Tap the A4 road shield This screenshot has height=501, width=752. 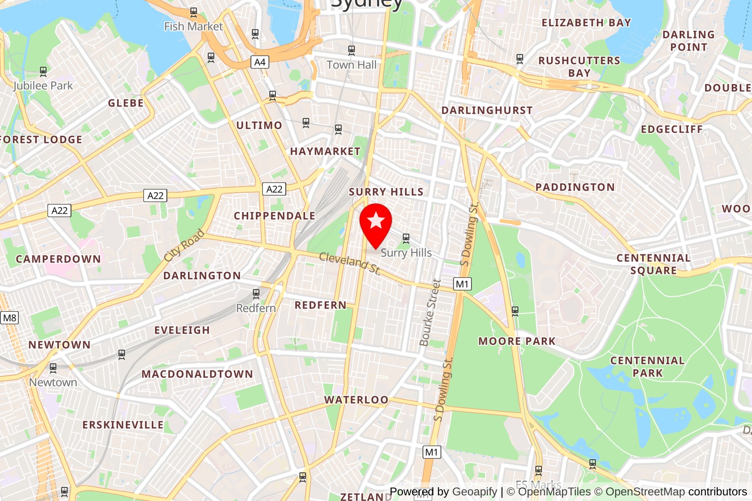click(260, 62)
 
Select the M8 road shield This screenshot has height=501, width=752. click(9, 318)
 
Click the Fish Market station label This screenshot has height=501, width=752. click(193, 26)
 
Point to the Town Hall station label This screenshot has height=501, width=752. click(352, 65)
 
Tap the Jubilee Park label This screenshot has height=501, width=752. click(43, 86)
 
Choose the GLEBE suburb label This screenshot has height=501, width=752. click(125, 103)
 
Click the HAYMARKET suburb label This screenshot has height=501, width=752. click(325, 151)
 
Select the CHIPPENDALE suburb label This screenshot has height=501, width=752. click(274, 216)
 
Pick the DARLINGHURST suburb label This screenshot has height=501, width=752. click(487, 110)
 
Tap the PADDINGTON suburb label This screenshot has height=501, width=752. click(575, 187)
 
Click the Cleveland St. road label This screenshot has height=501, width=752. click(350, 263)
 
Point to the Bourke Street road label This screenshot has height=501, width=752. click(430, 313)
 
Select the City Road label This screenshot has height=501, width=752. click(184, 245)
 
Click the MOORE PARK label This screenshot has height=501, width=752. click(517, 341)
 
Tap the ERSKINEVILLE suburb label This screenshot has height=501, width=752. click(123, 425)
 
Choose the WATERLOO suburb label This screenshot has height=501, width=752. click(356, 400)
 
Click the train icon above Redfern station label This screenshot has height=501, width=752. click(256, 294)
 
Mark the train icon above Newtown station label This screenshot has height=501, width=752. click(53, 368)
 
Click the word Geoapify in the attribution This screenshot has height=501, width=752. click(475, 492)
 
